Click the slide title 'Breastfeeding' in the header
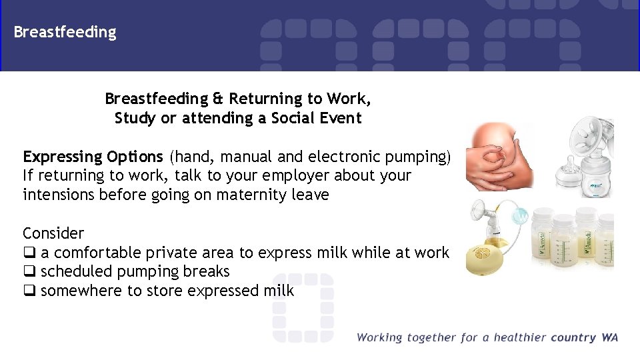65,32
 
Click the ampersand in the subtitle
218,99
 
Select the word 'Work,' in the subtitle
349,99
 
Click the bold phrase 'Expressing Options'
93,157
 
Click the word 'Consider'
53,233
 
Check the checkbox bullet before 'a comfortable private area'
29,253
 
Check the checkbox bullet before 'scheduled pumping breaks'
29,272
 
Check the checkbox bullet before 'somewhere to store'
29,291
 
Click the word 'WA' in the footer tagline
609,337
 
